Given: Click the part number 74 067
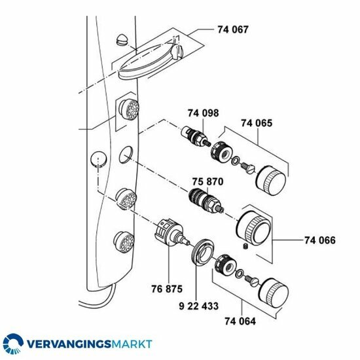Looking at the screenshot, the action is [x=233, y=30].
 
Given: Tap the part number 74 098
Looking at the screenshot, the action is [x=203, y=113].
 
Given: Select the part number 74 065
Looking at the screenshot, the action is [x=257, y=123].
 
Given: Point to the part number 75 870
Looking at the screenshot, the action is [x=207, y=181].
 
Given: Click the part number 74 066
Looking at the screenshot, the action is [x=320, y=240].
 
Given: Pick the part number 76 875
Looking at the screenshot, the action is [x=167, y=289].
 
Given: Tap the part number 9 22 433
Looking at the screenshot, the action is [x=198, y=306].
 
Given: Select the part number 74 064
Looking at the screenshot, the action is [x=240, y=321].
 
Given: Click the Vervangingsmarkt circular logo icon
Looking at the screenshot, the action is [x=13, y=344].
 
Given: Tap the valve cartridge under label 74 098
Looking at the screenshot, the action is [x=196, y=137].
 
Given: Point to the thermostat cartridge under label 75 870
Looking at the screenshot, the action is [x=206, y=201].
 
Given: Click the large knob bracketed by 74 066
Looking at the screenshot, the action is [x=254, y=228].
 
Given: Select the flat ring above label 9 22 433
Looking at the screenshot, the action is [x=202, y=253].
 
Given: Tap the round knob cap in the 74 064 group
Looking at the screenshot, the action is [x=274, y=293].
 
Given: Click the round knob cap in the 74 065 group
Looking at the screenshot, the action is [x=271, y=181].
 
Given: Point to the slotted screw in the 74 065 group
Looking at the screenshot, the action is [x=249, y=168].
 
